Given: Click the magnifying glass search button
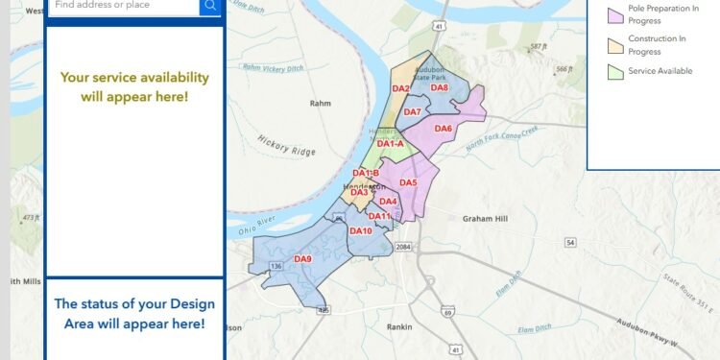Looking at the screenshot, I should coord(210,7).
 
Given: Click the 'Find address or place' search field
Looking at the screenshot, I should coord(123,6).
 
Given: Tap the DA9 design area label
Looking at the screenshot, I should coord(303,259).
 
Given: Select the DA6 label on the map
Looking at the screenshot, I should coord(443,129).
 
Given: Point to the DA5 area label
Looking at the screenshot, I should coord(408,182).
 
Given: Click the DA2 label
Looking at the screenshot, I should coord(401,89).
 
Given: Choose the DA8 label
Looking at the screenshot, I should coord(440,87).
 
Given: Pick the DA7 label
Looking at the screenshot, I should coord(412,112).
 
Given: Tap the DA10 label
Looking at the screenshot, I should coord(360,231).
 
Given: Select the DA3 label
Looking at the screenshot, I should coord(359,193).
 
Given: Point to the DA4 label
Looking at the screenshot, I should coord(388,202).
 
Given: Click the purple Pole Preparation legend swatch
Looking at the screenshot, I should coord(615,12).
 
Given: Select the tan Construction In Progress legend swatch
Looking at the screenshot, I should coord(615,44).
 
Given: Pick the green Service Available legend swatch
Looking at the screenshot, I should coord(615,71).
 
